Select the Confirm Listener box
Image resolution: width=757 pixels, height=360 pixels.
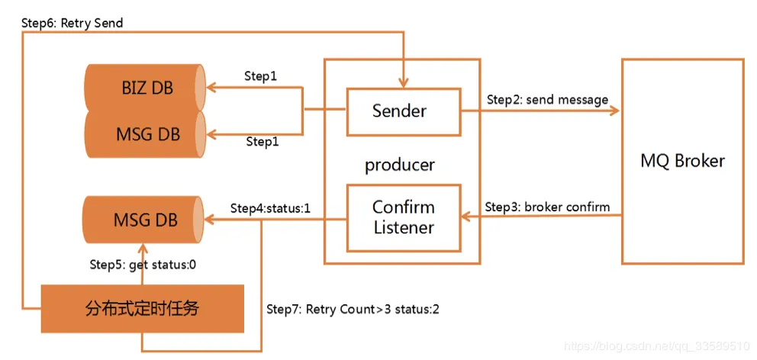pyautogui.click(x=403, y=217)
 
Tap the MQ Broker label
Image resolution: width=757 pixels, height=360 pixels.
pyautogui.click(x=682, y=161)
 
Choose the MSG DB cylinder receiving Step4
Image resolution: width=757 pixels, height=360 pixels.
pyautogui.click(x=145, y=220)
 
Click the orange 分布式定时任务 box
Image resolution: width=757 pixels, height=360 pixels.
pyautogui.click(x=143, y=309)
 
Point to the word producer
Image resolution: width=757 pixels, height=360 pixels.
pyautogui.click(x=400, y=165)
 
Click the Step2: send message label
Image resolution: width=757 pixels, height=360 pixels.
pyautogui.click(x=547, y=100)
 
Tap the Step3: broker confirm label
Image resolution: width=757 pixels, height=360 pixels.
pyautogui.click(x=547, y=207)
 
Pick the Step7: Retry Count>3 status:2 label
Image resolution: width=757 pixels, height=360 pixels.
pyautogui.click(x=352, y=309)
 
